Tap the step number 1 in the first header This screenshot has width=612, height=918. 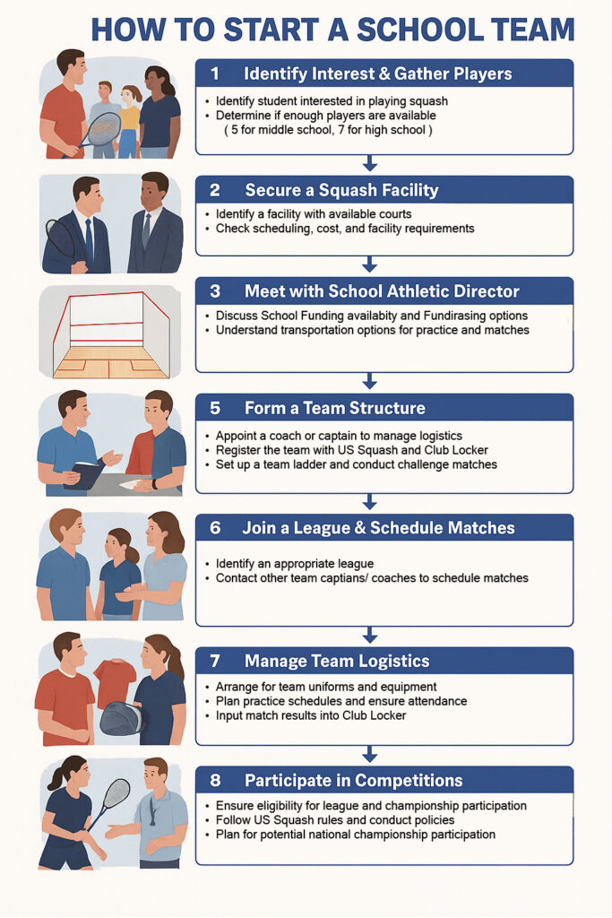[x=215, y=74]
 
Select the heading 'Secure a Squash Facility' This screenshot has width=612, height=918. [x=341, y=190]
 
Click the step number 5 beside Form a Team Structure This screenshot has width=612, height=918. [x=215, y=408]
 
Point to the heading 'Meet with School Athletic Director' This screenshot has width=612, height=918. [x=382, y=291]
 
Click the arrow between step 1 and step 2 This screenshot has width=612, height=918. [x=369, y=163]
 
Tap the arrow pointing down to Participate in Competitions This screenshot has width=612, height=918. [x=369, y=754]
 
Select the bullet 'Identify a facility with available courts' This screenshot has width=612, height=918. [x=314, y=214]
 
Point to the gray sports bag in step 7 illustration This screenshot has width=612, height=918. [x=122, y=719]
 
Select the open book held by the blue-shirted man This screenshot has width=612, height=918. [x=86, y=473]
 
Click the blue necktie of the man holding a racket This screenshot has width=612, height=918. [x=89, y=240]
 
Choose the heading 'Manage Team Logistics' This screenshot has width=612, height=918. [x=337, y=661]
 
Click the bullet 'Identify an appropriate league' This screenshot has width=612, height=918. [x=295, y=564]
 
